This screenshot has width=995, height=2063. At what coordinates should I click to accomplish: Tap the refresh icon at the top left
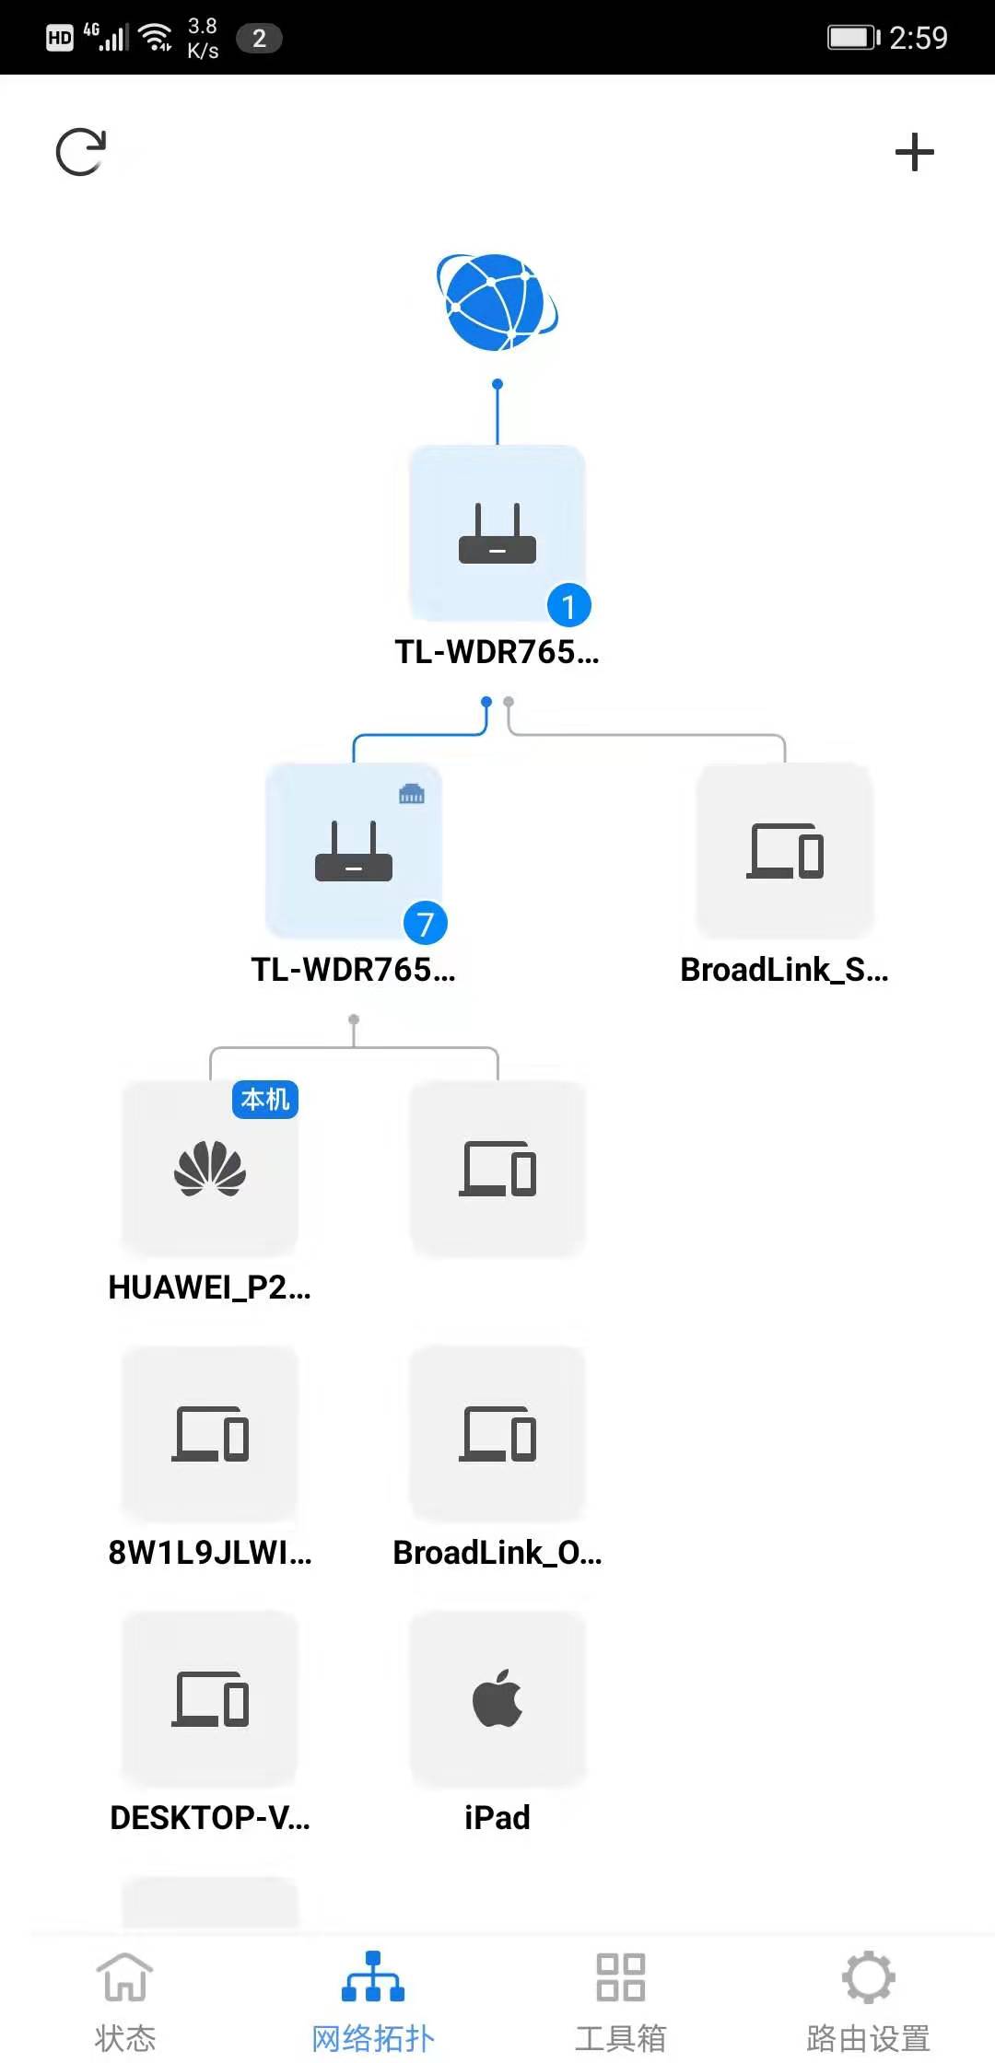(81, 152)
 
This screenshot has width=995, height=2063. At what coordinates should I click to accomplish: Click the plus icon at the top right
(914, 152)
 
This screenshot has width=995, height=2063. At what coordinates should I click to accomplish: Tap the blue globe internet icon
(497, 303)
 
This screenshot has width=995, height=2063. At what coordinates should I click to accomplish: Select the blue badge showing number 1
(568, 606)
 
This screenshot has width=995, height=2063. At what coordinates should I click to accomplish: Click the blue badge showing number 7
(425, 924)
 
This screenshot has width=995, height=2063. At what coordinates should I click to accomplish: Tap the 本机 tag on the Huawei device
(265, 1100)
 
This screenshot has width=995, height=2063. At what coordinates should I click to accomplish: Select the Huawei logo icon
(210, 1169)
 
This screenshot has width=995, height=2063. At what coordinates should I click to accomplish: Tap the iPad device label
(497, 1817)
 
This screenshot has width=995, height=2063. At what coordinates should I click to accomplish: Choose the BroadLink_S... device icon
(785, 851)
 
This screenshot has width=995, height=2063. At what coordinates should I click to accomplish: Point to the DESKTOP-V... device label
(210, 1817)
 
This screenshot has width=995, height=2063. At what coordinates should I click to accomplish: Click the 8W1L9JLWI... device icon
(210, 1433)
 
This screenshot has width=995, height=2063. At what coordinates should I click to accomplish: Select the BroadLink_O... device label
(497, 1553)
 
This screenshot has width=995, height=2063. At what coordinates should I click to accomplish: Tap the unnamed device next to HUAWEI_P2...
(497, 1169)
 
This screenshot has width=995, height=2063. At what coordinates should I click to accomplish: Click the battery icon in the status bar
(852, 38)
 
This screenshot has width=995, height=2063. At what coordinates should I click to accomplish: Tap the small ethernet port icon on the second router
(412, 794)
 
